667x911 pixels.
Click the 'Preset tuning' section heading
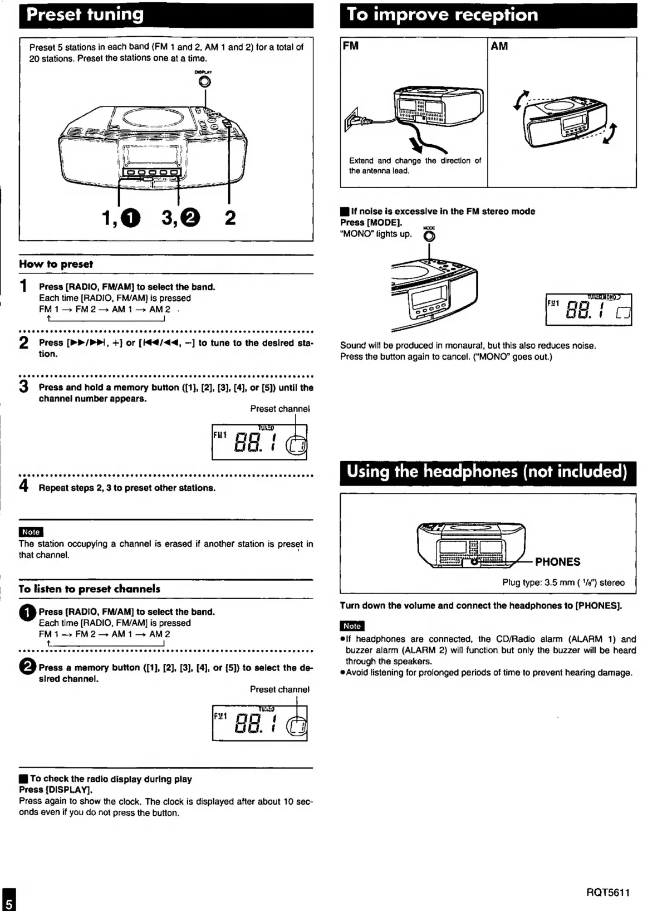tap(85, 14)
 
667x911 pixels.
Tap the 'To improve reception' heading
tap(442, 14)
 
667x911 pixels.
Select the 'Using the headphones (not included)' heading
tap(487, 472)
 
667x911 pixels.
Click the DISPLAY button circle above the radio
tap(204, 82)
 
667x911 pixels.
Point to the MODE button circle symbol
tap(429, 236)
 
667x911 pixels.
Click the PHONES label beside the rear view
tap(557, 562)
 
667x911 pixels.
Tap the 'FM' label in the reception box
tap(351, 46)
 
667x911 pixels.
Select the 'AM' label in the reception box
tap(499, 46)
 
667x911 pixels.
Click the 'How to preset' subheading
tap(56, 265)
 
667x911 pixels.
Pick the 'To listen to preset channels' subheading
tap(89, 589)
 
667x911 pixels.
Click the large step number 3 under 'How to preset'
tap(24, 386)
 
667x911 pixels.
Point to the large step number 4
tap(24, 486)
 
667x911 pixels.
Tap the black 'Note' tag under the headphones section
tap(352, 626)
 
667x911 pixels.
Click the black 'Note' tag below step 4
tap(31, 532)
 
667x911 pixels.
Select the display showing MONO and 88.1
tap(588, 310)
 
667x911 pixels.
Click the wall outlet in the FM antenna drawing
tap(351, 120)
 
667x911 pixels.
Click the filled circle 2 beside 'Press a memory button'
tap(27, 667)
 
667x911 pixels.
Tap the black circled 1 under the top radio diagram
tap(131, 218)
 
